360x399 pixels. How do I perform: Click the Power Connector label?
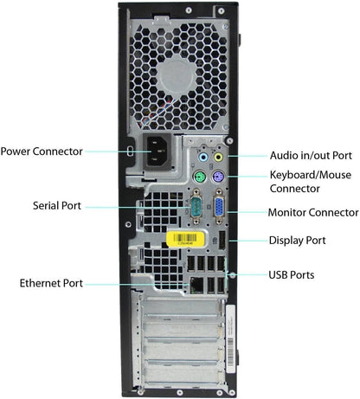pyautogui.click(x=42, y=151)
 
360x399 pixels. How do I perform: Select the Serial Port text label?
pyautogui.click(x=58, y=206)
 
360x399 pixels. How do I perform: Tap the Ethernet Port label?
pyautogui.click(x=51, y=283)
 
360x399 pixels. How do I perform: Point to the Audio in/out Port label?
pyautogui.click(x=311, y=156)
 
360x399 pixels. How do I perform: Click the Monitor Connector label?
pyautogui.click(x=313, y=212)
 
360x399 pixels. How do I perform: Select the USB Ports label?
pyautogui.click(x=291, y=275)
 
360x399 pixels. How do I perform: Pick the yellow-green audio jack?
pyautogui.click(x=219, y=158)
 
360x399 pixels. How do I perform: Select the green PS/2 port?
pyautogui.click(x=199, y=179)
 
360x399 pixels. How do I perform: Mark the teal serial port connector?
pyautogui.click(x=198, y=208)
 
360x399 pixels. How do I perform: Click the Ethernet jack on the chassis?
pyautogui.click(x=197, y=283)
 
